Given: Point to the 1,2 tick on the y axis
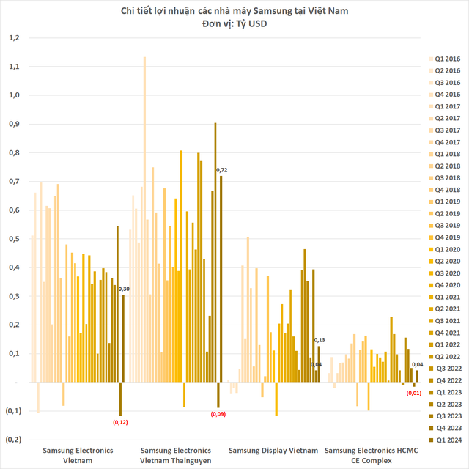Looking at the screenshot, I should click(15, 37).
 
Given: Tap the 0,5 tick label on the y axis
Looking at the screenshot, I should click(15, 239).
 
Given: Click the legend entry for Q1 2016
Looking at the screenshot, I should click(443, 58).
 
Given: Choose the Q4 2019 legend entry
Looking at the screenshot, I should click(443, 237).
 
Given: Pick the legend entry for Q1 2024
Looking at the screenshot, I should click(443, 440).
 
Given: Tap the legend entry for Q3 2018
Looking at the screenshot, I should click(443, 177).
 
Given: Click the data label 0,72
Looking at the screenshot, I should click(221, 170).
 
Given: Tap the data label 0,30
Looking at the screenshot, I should click(124, 289).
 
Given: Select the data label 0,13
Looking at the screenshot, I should click(320, 341).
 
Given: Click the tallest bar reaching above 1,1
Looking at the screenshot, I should click(144, 220).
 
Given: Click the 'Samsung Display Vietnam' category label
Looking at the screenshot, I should click(273, 450).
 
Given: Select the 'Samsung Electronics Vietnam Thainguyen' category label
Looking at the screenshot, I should click(175, 455).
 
